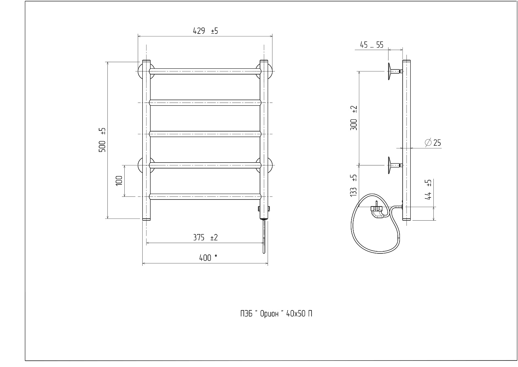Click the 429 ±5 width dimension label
click(205, 31)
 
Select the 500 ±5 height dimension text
click(102, 140)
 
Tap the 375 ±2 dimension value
click(205, 238)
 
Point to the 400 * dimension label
click(208, 258)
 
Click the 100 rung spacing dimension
click(119, 181)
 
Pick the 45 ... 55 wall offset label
click(372, 45)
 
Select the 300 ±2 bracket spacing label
click(354, 118)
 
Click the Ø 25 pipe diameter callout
click(433, 143)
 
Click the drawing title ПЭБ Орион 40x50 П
click(276, 314)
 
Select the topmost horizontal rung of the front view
click(205, 71)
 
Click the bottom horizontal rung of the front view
click(205, 196)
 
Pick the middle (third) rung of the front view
click(205, 134)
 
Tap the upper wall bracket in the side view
click(395, 71)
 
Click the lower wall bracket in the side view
click(395, 165)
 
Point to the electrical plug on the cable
click(377, 211)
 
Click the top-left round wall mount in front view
click(140, 71)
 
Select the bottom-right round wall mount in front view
click(270, 165)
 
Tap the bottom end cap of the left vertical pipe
click(146, 219)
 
